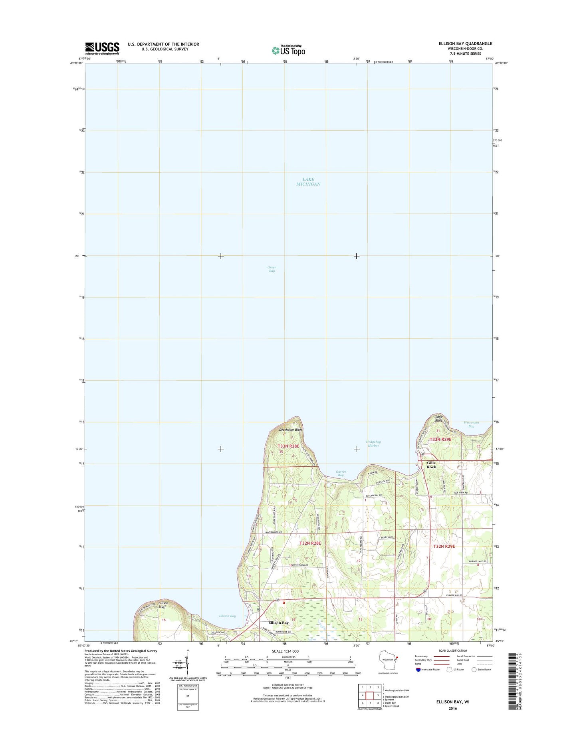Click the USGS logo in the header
(102, 48)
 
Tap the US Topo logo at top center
(288, 50)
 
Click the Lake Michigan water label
(308, 182)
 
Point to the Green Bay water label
(272, 269)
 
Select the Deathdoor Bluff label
(290, 430)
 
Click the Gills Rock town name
(431, 465)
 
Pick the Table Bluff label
(438, 418)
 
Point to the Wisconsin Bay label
(471, 424)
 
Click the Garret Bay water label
(340, 473)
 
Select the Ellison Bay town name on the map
(278, 623)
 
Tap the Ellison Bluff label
(163, 605)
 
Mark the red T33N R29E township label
(440, 440)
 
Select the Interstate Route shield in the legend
(418, 669)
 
